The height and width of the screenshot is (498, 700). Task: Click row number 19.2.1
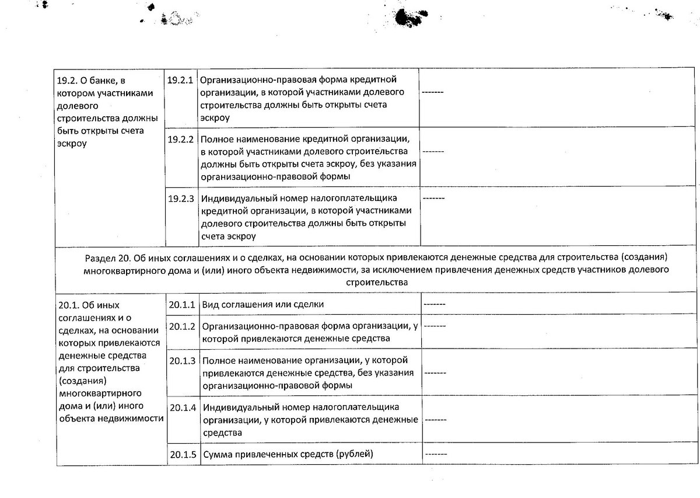coord(180,79)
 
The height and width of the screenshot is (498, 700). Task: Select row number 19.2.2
coord(180,140)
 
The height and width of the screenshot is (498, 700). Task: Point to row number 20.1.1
coord(181,304)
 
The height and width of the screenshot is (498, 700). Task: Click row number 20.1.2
coord(181,326)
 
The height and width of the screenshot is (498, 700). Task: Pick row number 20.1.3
coord(181,360)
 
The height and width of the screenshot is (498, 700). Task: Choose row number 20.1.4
coord(181,407)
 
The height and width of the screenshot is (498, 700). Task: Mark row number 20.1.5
coord(181,454)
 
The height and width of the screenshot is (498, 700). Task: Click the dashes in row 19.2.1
coord(432,92)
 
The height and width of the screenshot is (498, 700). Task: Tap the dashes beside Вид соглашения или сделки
coord(435,304)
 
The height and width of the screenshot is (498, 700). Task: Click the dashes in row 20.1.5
coord(436,454)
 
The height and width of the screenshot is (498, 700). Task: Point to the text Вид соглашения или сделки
coord(262,304)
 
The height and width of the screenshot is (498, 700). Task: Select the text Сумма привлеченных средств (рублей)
coord(287,454)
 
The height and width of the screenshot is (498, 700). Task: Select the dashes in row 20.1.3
coord(435,372)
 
